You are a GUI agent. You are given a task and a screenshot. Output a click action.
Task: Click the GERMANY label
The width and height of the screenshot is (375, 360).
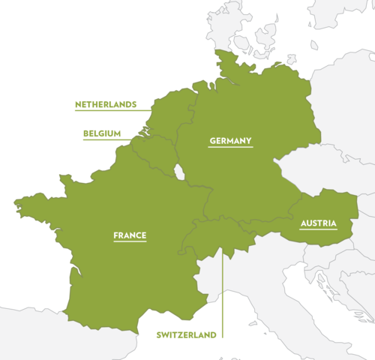(230, 140)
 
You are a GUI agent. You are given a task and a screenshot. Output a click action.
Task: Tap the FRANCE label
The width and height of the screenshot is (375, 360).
(130, 235)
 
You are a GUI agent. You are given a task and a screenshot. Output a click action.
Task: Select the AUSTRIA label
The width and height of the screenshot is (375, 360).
(317, 223)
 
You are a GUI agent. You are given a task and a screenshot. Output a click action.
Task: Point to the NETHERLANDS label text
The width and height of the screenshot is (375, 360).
(105, 104)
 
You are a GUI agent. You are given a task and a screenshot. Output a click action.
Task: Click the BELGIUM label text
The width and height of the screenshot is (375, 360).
(102, 133)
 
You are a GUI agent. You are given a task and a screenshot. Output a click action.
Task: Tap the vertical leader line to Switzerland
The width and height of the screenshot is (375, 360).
(223, 292)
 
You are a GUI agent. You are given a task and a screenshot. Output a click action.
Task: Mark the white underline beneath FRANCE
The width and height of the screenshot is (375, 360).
(130, 244)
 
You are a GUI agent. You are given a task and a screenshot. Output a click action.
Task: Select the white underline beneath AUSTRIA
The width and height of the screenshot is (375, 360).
(317, 231)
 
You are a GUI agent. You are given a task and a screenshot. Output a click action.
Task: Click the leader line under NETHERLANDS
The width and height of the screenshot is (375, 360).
(112, 111)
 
